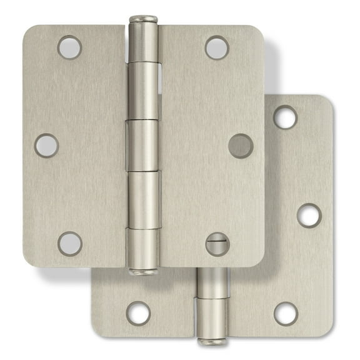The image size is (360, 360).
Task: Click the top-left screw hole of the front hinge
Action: tap(69, 47)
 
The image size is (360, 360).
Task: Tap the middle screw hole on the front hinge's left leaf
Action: tap(46, 146)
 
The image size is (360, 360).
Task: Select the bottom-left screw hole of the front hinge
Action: tap(69, 244)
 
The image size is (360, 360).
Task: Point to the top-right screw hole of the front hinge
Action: tap(217, 47)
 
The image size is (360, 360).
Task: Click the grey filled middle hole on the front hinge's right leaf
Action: tap(241, 146)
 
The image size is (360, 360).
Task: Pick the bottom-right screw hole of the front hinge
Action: tap(217, 244)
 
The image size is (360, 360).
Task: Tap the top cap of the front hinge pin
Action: tap(143, 19)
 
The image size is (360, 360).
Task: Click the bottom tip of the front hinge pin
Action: tap(143, 272)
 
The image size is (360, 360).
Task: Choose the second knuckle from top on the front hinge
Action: tap(143, 90)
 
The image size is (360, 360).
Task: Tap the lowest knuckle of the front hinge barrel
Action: tap(143, 247)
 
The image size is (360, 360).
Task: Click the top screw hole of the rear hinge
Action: tap(285, 117)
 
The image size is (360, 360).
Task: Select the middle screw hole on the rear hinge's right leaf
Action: tap(308, 215)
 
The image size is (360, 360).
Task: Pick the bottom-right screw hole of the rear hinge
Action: tap(285, 313)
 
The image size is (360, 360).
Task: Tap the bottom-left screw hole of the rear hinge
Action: tap(137, 313)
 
